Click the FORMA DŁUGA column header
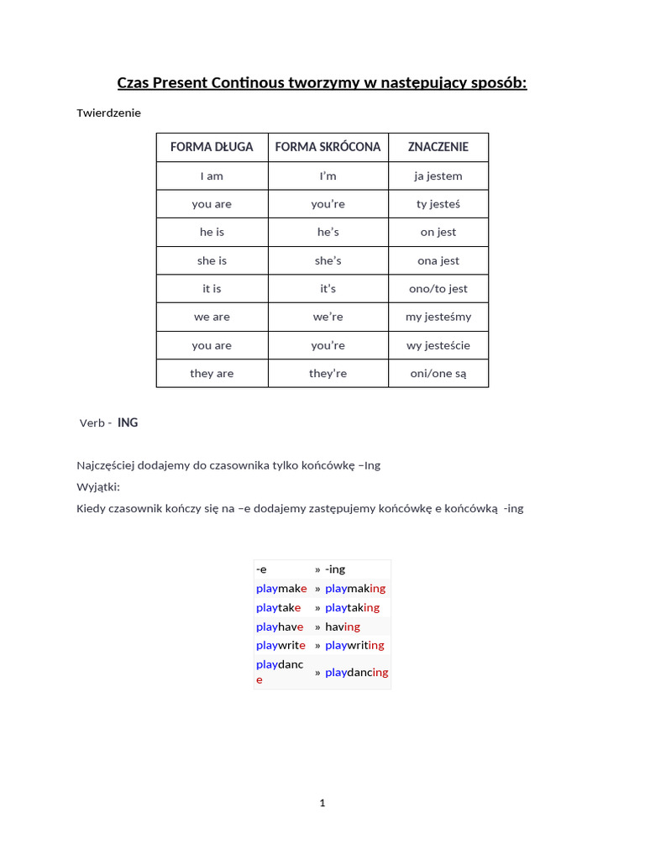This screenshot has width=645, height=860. coord(212,147)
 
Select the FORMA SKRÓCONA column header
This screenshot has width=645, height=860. coord(328,147)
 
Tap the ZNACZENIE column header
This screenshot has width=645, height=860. coord(438,147)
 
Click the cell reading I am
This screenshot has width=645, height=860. coord(212,176)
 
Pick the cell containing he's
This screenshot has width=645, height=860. coord(328,232)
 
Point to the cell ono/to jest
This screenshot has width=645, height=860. coord(438,289)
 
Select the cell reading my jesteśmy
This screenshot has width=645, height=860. coord(438,317)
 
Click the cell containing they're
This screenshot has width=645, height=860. coord(328,374)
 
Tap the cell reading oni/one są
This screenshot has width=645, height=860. coord(438,374)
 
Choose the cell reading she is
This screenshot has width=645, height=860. coord(212,260)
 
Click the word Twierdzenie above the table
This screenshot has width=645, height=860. coord(109,113)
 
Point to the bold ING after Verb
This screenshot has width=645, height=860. coord(128,422)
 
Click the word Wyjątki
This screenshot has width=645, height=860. coord(98,487)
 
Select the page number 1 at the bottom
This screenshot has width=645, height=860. coord(322,803)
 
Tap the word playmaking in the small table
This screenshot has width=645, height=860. coord(355,589)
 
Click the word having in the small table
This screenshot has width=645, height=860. coord(343,627)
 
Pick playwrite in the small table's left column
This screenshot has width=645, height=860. coord(281,645)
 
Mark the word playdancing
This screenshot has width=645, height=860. coord(356,673)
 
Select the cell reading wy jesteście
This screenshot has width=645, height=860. coord(438,345)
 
